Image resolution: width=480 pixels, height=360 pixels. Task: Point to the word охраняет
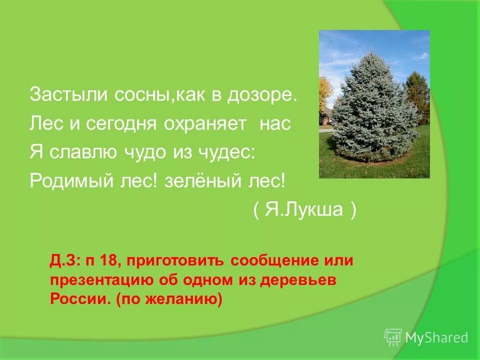[205, 124]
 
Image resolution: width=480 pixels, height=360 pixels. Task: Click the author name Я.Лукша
[304, 210]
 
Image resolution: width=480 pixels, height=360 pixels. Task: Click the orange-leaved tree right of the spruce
[417, 95]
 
